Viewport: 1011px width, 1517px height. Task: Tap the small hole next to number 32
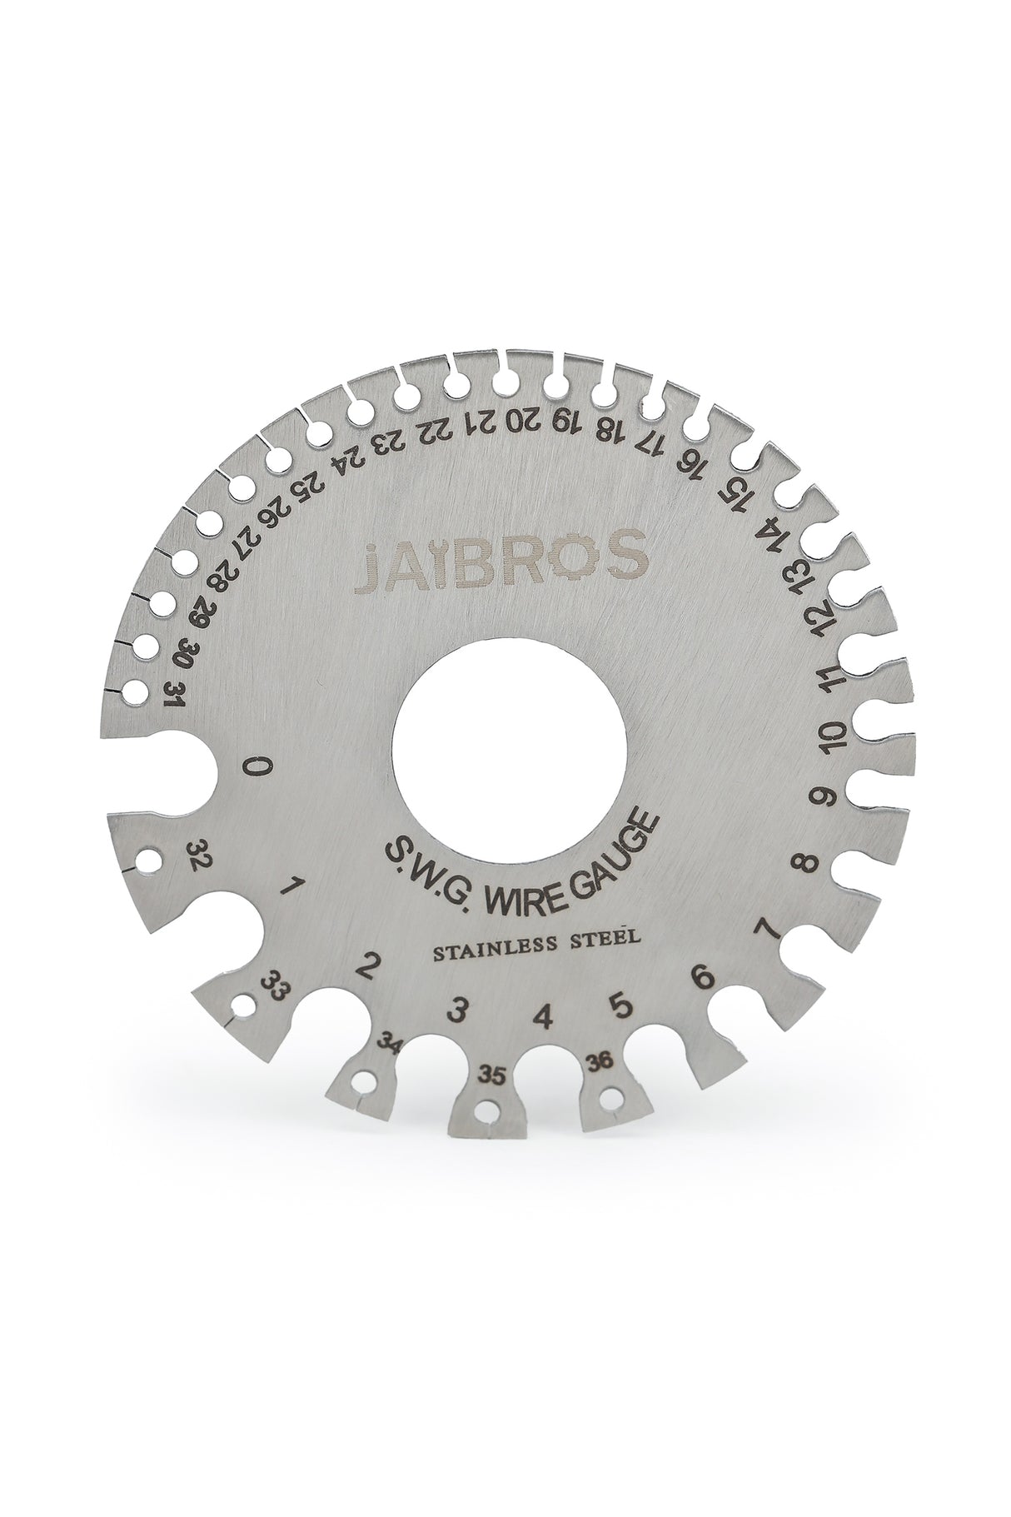[149, 858]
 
